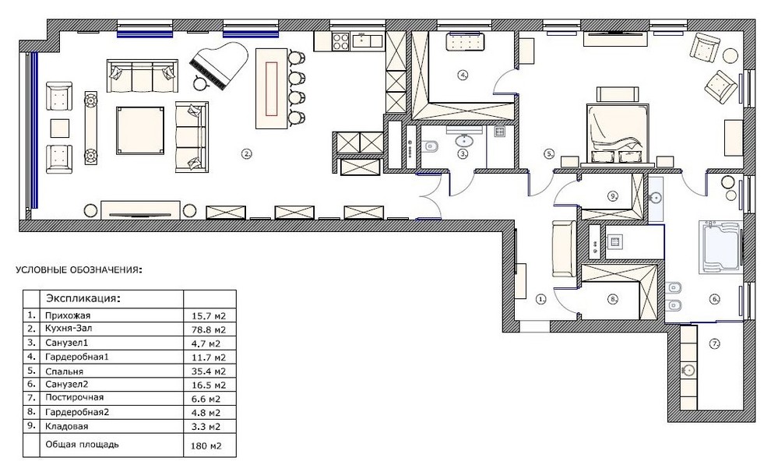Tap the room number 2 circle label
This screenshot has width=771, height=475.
(x=246, y=154)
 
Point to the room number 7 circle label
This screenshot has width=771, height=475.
(x=715, y=344)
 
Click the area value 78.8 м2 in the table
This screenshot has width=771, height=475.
(x=208, y=329)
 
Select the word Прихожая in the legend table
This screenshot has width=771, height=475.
(x=68, y=315)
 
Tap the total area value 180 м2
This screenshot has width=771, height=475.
(x=206, y=446)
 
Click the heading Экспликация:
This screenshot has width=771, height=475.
(x=83, y=298)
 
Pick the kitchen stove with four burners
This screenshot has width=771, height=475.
(x=341, y=40)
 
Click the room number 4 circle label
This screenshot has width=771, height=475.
(x=462, y=76)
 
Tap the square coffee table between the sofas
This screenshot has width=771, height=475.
(x=140, y=130)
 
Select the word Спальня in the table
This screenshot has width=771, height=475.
(x=65, y=371)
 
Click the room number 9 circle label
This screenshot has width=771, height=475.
(x=613, y=196)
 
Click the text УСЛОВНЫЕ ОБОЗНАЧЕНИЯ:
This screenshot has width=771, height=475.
(x=79, y=270)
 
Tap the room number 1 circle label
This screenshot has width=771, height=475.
(x=541, y=299)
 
